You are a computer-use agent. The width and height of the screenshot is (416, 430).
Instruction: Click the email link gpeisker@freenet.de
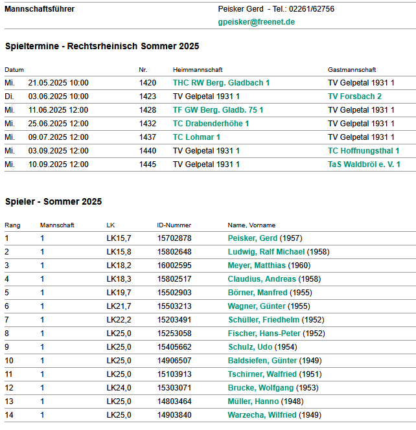click(257, 21)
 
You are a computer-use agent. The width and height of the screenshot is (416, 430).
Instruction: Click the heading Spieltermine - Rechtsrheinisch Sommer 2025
click(102, 47)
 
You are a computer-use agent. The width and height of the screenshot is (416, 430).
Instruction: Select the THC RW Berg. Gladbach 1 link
click(221, 83)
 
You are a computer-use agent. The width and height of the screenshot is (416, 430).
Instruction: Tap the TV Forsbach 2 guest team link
click(354, 96)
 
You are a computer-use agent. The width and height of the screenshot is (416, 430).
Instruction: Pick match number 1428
click(147, 110)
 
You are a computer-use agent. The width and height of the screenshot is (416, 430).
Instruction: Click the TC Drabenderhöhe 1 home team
click(211, 124)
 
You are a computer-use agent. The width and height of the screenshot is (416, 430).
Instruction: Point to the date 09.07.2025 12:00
click(58, 137)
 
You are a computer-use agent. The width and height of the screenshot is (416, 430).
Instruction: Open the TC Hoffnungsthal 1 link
click(363, 151)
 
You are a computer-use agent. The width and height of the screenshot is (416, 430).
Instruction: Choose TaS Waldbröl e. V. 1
click(364, 164)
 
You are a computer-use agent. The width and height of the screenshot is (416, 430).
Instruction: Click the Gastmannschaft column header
click(352, 69)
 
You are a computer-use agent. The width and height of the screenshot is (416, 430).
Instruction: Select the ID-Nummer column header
click(174, 225)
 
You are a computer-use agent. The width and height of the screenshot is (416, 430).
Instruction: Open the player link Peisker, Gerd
click(253, 238)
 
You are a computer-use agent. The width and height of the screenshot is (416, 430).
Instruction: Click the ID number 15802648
click(174, 252)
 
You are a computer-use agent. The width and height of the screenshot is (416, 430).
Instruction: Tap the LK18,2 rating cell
click(119, 266)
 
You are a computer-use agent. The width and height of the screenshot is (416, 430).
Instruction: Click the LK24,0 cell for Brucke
click(119, 388)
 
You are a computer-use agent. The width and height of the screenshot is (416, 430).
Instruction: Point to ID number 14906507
click(174, 361)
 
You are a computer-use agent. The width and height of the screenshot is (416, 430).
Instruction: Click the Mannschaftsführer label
click(40, 9)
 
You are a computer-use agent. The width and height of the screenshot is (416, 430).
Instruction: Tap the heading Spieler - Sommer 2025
click(53, 201)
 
